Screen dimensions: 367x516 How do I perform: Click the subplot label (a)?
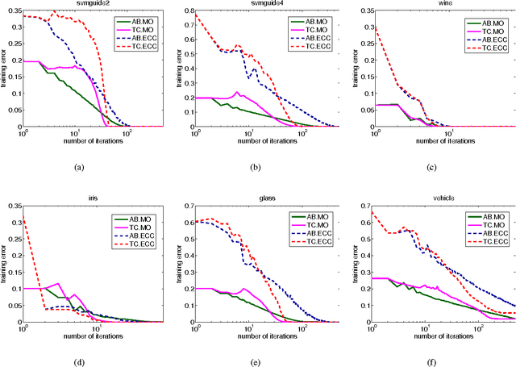pos(78,167)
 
